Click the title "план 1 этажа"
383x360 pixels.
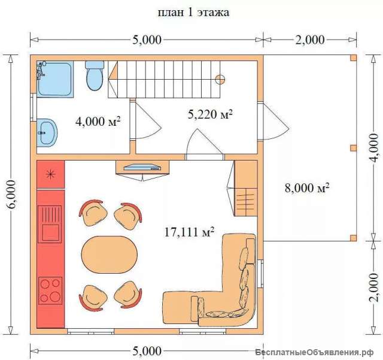tap(193, 13)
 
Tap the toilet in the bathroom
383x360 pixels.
tap(95, 75)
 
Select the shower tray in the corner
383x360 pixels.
tap(55, 80)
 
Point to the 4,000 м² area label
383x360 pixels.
tap(98, 121)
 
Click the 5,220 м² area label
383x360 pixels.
tap(210, 114)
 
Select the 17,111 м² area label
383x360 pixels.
tap(189, 232)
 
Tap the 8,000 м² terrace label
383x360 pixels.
tap(307, 188)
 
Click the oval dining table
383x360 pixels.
tap(109, 255)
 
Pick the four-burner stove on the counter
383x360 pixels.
tap(50, 291)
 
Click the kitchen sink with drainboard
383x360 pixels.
tap(50, 224)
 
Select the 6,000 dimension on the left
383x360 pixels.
tap(11, 195)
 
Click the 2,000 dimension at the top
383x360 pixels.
tap(310, 40)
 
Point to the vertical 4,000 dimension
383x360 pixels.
tap(373, 148)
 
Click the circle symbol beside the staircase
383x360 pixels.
tap(220, 79)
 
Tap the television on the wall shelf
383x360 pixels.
tap(142, 168)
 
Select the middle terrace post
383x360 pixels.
tap(353, 148)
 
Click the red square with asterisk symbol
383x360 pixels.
tap(50, 174)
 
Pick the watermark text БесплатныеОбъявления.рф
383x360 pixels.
tap(314, 352)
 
